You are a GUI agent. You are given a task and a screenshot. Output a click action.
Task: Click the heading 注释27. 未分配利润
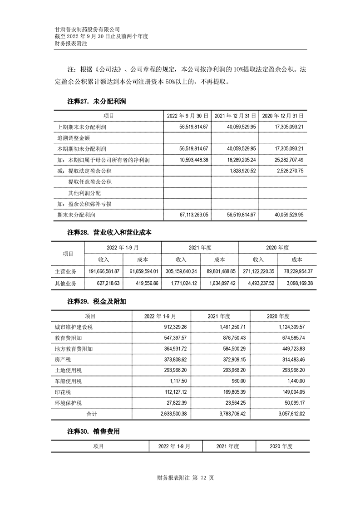[x=96, y=102]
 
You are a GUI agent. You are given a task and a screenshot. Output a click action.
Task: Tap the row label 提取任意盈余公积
[x=90, y=182]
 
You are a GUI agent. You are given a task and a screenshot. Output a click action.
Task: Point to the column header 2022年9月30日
[x=188, y=116]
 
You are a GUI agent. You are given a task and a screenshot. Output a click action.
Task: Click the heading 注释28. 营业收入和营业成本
[x=109, y=232]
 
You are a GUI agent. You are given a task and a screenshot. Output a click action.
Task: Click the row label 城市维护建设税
[x=73, y=327]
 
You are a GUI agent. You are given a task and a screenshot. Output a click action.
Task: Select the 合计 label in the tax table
[x=92, y=414]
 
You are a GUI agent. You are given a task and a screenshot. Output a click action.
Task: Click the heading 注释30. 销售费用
[x=94, y=431]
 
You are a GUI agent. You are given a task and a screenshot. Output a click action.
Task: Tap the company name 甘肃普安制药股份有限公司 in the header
[x=87, y=29]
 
